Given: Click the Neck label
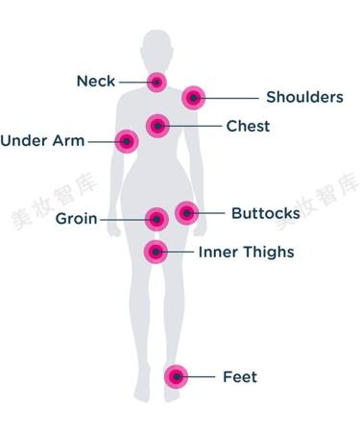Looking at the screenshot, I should tap(96, 82).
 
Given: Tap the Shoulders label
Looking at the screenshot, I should tap(303, 97).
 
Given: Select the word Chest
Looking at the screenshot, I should tap(248, 126).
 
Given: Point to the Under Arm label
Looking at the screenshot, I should tap(42, 141).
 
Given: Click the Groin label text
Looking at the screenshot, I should tap(76, 219).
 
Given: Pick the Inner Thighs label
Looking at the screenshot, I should tap(246, 252).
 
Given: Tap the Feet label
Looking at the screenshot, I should tap(239, 377).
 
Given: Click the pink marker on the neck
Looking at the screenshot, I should tap(156, 82).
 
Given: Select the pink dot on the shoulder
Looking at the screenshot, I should tap(194, 96).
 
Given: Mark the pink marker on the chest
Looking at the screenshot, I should tap(157, 125).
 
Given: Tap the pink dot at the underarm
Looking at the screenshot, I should tap(126, 141).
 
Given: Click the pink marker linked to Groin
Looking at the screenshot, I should tap(156, 219).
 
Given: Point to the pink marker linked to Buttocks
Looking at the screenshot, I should tap(186, 212).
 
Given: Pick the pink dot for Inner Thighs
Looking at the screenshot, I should tap(156, 252).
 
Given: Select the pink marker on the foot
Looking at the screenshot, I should tap(176, 377).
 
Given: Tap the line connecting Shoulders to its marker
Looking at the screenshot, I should tap(230, 97).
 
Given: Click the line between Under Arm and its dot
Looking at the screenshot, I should tap(101, 141).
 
